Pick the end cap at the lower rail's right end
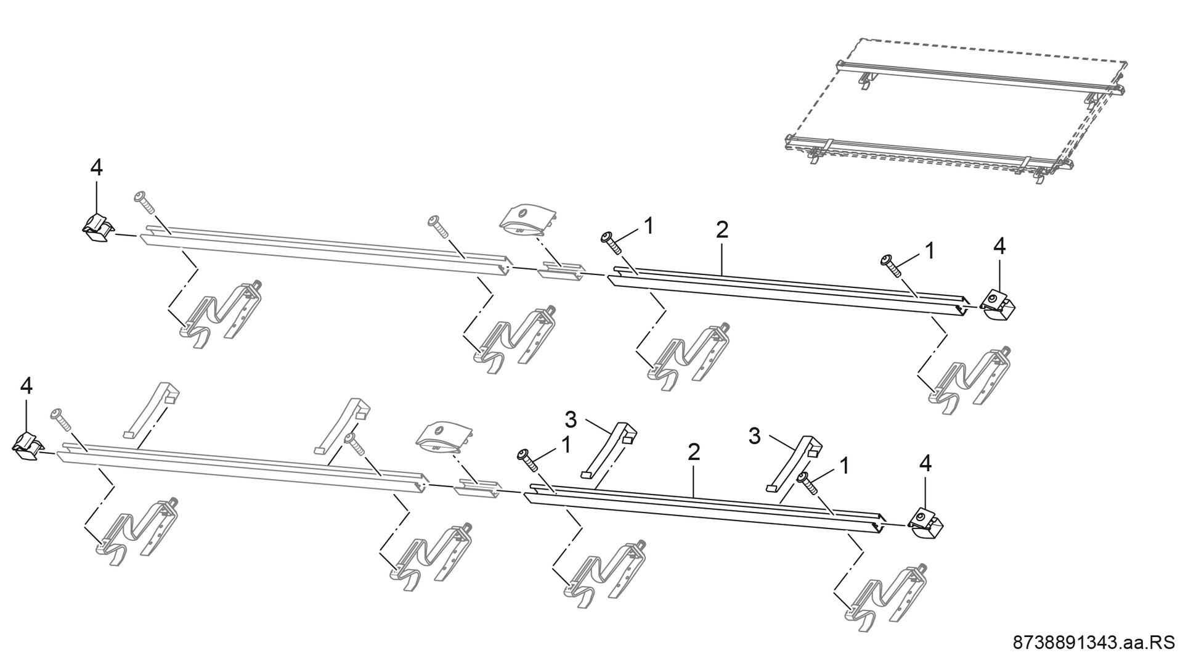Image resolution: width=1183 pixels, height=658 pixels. (926, 524)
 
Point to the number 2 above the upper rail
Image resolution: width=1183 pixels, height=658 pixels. (722, 230)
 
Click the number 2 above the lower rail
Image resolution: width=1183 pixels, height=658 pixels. (694, 452)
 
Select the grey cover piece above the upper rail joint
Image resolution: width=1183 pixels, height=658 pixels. (527, 220)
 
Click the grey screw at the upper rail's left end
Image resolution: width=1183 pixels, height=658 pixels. (143, 202)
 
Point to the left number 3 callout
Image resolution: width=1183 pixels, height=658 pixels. (571, 421)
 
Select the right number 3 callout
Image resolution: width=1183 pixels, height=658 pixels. (755, 437)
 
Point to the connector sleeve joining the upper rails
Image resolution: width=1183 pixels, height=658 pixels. (561, 271)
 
